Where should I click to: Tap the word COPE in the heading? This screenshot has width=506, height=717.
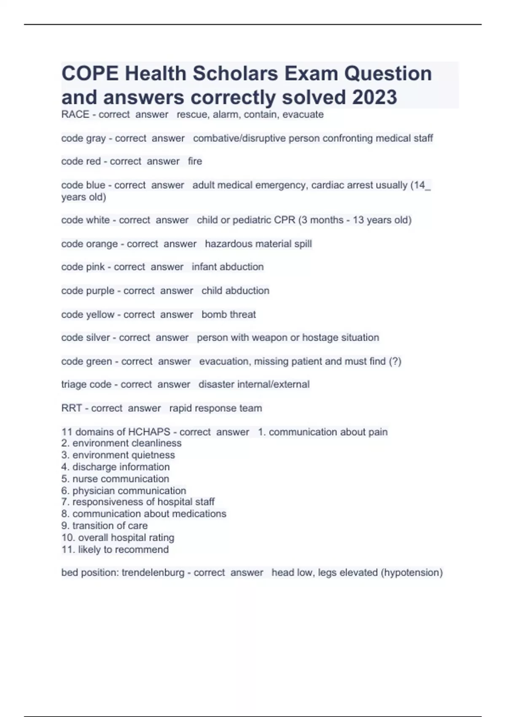(90, 73)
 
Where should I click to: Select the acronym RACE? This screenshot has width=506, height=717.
(75, 114)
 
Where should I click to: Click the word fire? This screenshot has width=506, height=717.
(195, 161)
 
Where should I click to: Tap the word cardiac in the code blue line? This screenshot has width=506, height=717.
(328, 185)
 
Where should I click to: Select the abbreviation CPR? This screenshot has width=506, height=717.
(285, 220)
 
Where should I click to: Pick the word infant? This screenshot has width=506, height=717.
(204, 267)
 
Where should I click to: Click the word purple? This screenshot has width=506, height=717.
(100, 291)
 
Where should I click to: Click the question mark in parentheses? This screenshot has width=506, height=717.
(395, 361)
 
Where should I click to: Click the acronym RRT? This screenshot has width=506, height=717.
(71, 408)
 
